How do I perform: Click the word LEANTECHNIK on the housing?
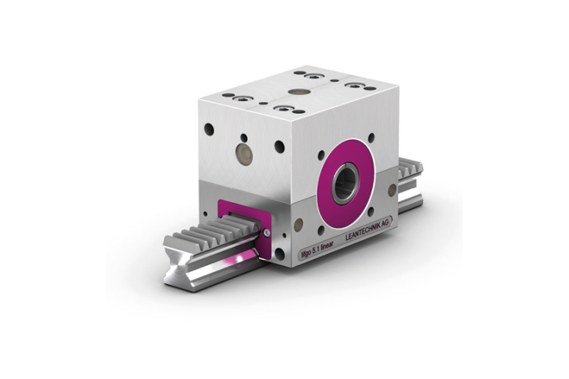(363, 231)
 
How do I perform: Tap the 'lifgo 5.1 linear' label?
(317, 249)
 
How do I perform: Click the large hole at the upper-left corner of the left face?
(209, 129)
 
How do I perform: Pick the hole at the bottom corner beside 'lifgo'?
(280, 254)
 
